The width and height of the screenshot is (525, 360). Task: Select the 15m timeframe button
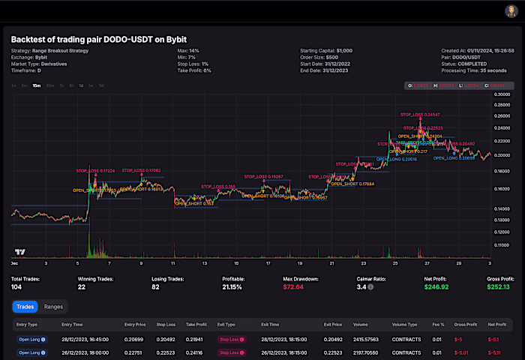(x=37, y=85)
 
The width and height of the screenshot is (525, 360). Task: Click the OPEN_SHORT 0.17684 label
(x=352, y=183)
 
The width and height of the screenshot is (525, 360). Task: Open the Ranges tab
(x=53, y=307)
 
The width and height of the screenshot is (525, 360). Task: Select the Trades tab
(x=25, y=307)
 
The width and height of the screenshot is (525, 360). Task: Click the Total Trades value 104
(x=17, y=286)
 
